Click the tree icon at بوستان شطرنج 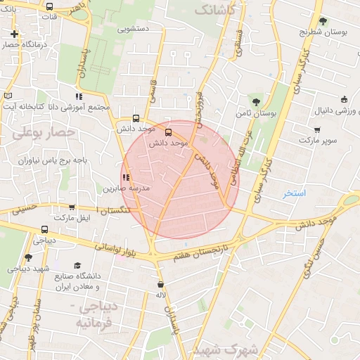coord(323,21)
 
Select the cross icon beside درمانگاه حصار coord(15,34)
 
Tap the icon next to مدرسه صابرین coord(126,178)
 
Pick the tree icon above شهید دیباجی coord(28,257)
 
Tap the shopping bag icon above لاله coord(161,285)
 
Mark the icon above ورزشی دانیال coord(344,100)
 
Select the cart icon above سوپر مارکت coord(317,129)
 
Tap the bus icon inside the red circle coord(168,131)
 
